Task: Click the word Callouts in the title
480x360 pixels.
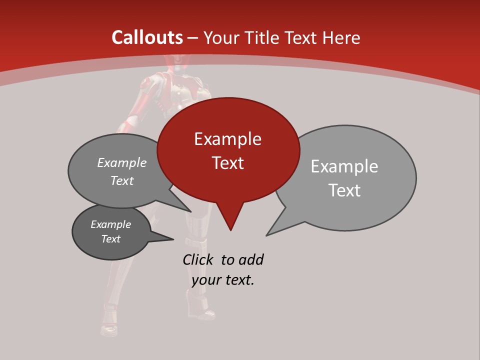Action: point(147,37)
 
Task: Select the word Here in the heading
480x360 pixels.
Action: point(341,37)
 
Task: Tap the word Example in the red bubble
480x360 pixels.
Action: point(227,139)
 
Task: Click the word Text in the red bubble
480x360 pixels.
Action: point(227,163)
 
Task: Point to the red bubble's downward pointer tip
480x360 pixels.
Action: point(230,230)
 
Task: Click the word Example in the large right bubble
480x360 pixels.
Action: point(344,166)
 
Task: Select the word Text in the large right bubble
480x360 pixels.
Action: point(344,190)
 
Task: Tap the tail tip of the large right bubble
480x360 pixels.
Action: point(266,235)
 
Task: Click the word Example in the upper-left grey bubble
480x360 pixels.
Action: point(122,162)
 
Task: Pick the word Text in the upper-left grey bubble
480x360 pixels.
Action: point(122,181)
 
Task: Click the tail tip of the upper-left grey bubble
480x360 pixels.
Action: point(191,211)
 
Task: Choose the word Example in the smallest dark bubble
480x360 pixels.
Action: point(110,224)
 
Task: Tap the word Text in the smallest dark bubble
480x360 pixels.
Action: point(110,239)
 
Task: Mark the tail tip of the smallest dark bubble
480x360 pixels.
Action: point(173,239)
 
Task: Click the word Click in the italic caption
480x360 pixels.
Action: point(198,259)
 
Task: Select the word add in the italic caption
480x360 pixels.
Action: point(251,259)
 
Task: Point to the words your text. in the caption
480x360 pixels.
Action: point(223,280)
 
